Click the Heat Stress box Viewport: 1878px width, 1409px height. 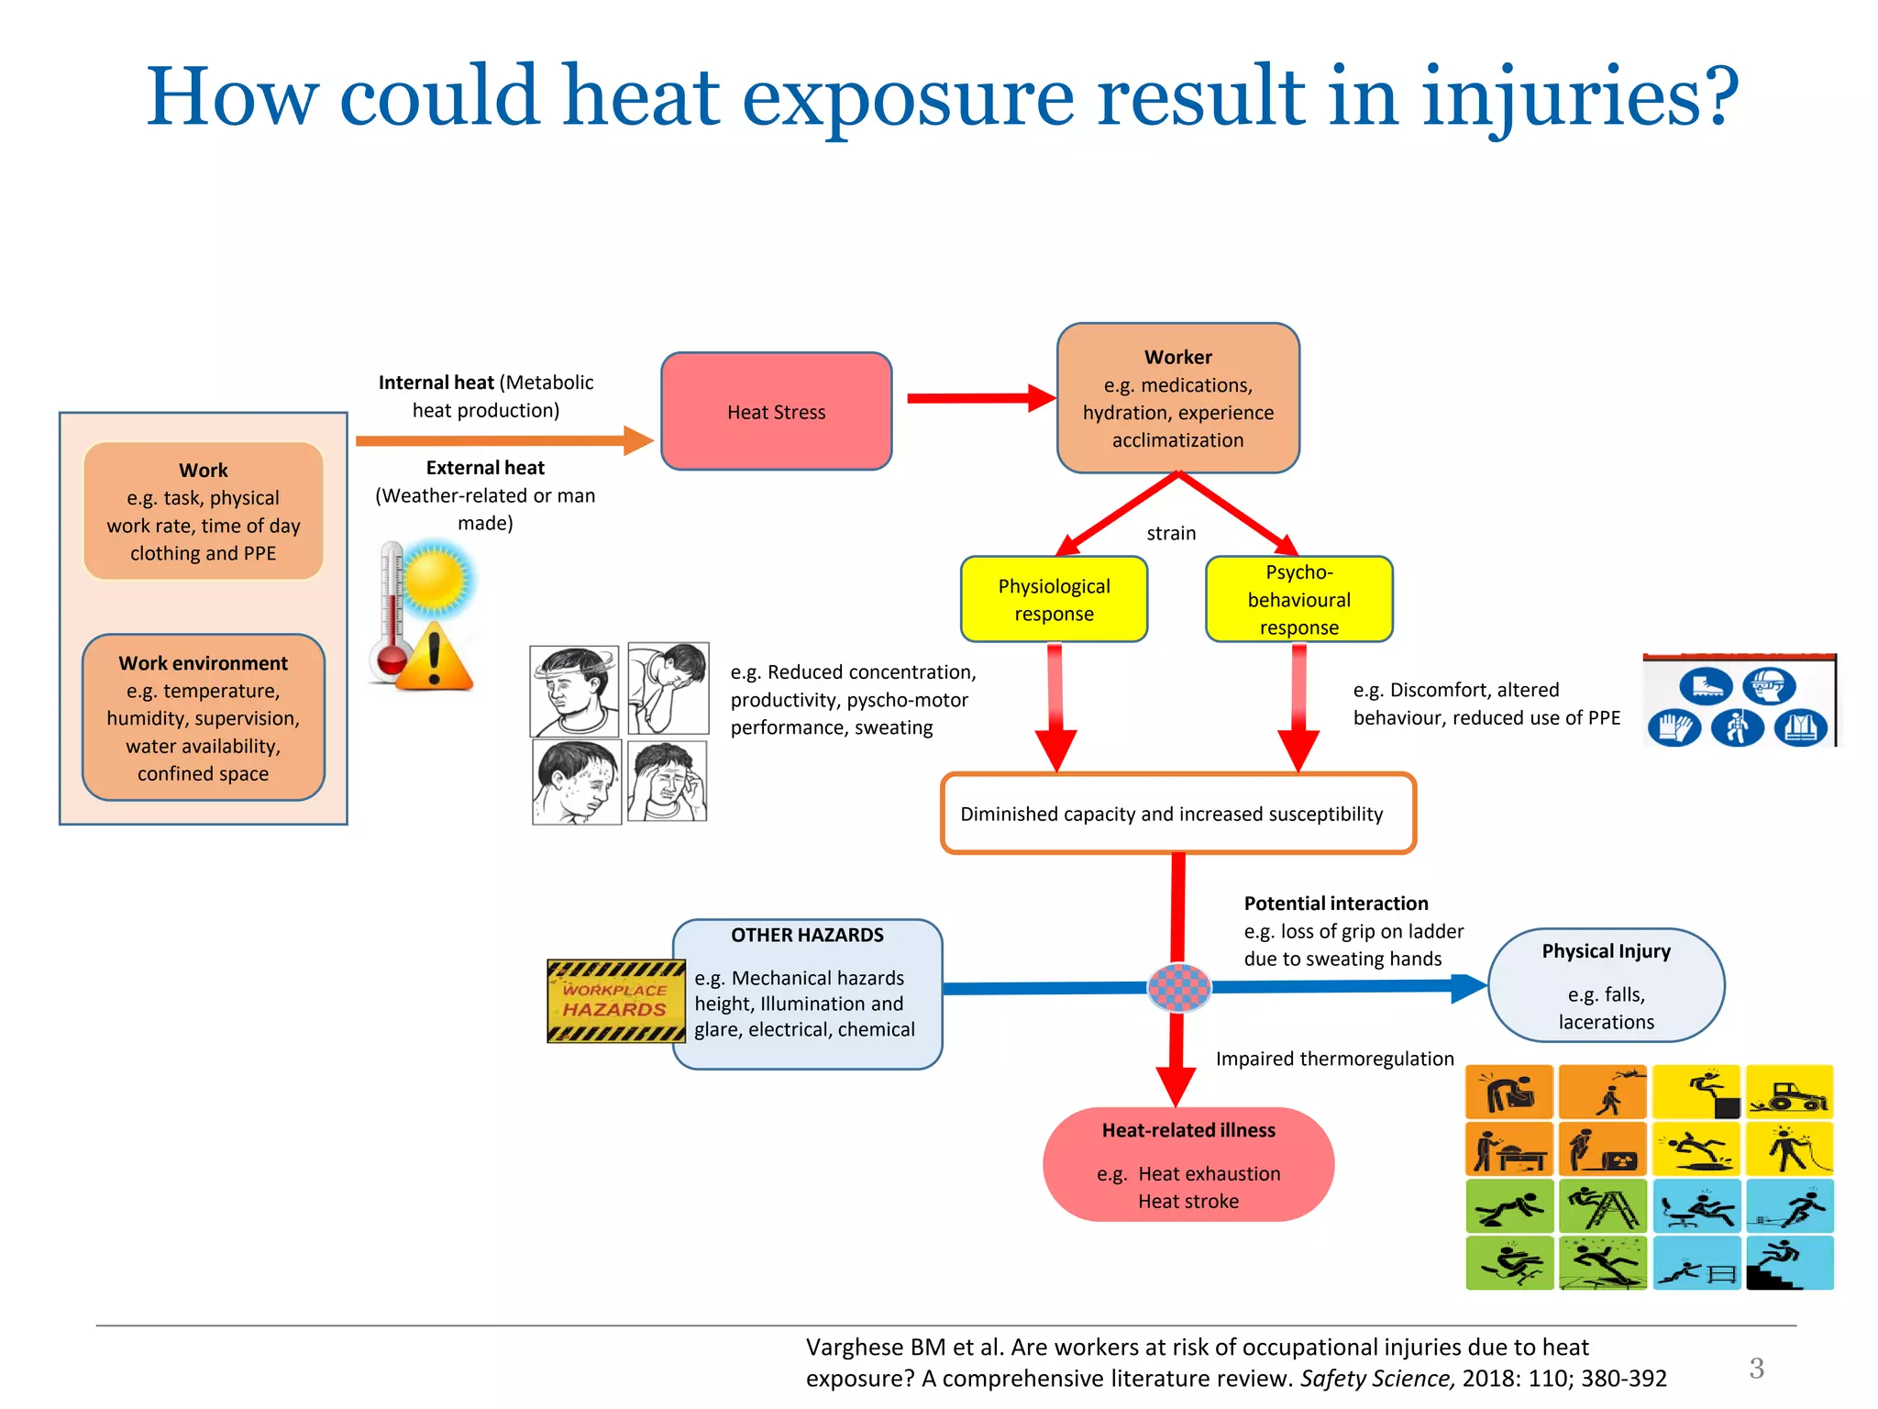click(776, 412)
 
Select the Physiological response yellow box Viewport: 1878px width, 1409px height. click(1054, 600)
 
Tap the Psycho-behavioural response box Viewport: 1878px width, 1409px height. click(1298, 600)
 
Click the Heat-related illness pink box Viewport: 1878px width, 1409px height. click(1188, 1165)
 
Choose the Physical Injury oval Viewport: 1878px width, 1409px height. click(1606, 986)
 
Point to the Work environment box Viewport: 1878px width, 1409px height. click(204, 717)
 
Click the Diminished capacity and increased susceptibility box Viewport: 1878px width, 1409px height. click(1177, 814)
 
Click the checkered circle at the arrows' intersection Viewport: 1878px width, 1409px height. click(1179, 987)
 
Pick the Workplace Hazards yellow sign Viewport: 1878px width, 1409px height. click(615, 1001)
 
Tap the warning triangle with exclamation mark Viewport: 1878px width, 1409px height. click(435, 659)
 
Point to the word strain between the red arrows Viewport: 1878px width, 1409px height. click(1171, 533)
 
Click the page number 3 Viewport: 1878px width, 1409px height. click(1756, 1368)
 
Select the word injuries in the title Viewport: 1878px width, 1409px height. click(1579, 96)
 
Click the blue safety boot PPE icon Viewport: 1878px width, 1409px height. click(1706, 686)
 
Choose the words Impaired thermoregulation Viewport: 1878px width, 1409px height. click(1334, 1059)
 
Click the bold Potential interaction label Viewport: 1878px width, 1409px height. click(1335, 904)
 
